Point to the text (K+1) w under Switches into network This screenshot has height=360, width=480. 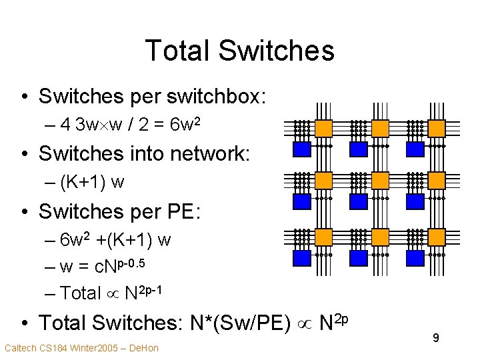(x=92, y=181)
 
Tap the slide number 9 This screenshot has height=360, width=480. (x=435, y=339)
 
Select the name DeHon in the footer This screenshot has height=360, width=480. (x=145, y=347)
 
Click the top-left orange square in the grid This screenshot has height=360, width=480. (x=323, y=127)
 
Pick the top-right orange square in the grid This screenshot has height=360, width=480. (x=437, y=127)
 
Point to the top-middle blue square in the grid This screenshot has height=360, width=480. (x=359, y=148)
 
